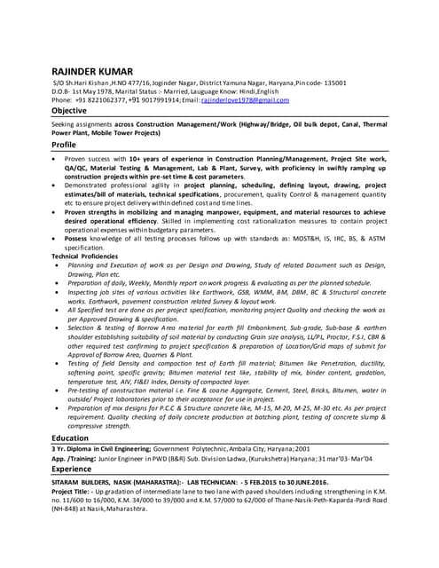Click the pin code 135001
[332, 83]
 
